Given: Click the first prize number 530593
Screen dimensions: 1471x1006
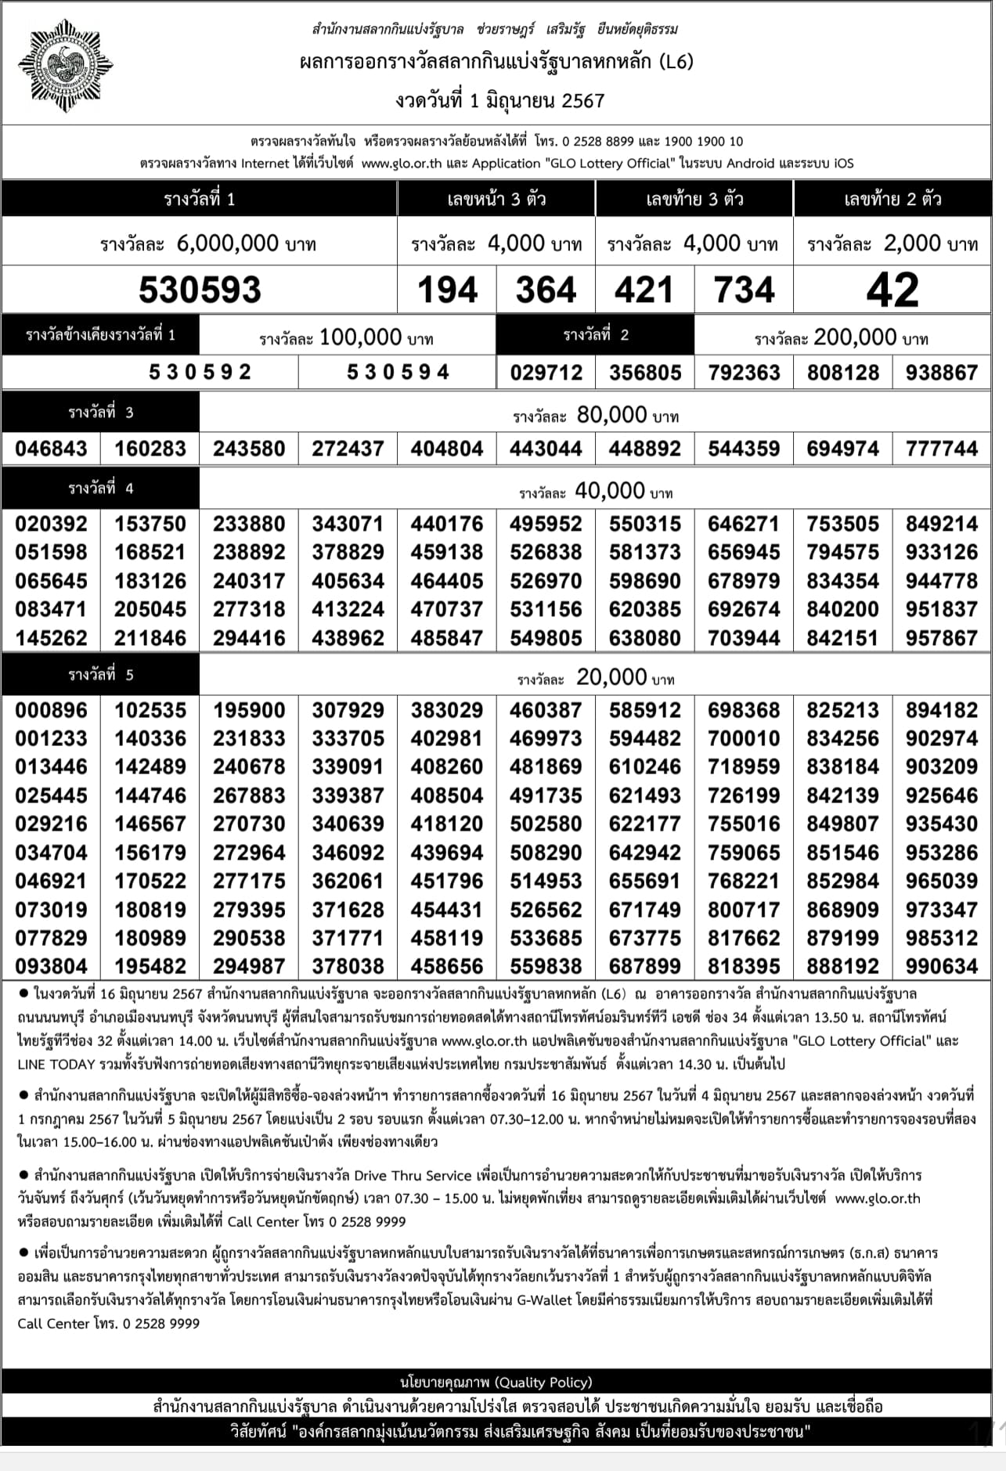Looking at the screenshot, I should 200,290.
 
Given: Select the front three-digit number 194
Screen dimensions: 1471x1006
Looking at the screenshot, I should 447,290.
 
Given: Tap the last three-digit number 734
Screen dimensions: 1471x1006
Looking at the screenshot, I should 744,290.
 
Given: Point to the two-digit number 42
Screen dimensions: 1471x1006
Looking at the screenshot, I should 892,290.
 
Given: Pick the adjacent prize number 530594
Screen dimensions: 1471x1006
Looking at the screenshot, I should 398,372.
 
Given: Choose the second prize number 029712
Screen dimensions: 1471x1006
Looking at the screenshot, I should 546,373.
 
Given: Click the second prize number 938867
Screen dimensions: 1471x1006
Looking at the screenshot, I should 942,373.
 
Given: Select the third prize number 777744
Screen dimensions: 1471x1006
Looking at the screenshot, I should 942,449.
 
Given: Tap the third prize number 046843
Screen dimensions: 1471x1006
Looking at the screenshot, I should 51,449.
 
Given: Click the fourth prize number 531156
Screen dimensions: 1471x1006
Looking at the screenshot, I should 546,609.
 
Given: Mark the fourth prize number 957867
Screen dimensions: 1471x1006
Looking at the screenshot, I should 942,638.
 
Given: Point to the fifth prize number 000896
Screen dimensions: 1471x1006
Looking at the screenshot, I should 51,710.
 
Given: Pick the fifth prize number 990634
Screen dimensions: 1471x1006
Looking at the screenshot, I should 942,966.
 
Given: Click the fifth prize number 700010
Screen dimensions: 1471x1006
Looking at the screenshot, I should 744,738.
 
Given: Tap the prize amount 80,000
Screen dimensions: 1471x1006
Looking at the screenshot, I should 611,415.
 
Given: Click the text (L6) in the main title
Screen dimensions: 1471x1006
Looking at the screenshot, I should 676,61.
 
